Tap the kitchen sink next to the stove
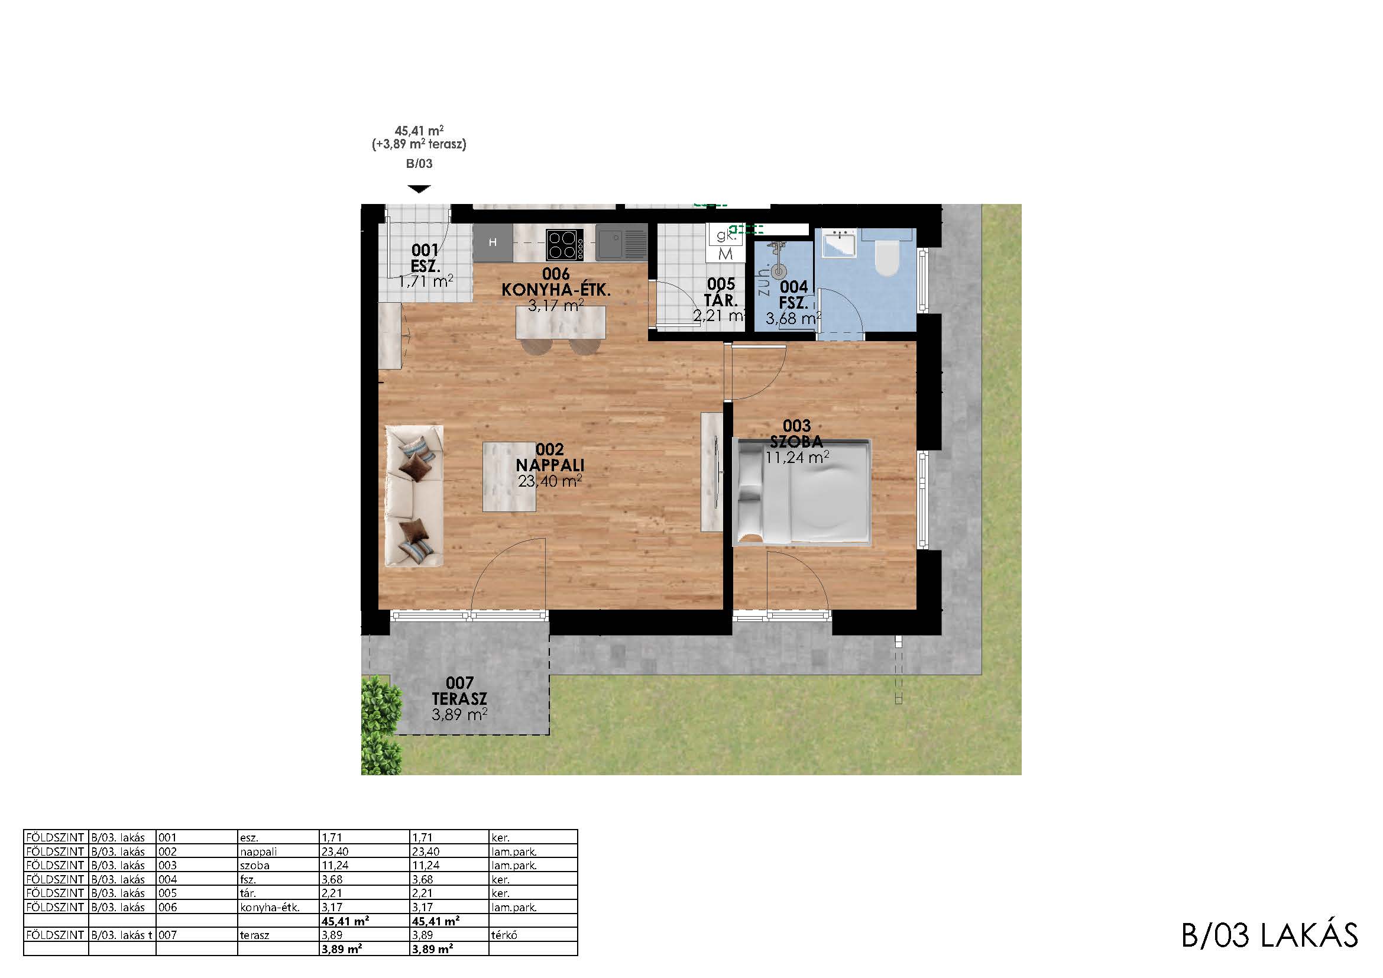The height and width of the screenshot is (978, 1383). coord(621,242)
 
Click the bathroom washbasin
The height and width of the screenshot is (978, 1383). coord(840,242)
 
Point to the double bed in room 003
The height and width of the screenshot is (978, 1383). coord(802,493)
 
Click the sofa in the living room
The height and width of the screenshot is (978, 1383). coord(414,496)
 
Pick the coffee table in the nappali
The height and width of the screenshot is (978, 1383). coord(510,477)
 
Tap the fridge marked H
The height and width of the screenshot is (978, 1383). coord(493,242)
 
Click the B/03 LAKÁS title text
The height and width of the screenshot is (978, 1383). coord(1269,935)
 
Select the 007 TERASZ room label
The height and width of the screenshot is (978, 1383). coord(459,691)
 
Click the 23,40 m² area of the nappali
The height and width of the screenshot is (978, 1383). coord(550,481)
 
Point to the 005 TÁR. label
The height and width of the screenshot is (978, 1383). coord(721,292)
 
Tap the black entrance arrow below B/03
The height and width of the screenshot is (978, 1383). coord(419,189)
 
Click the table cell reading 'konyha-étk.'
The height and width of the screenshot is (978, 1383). coord(269,907)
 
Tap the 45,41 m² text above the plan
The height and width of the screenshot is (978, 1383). coord(419,130)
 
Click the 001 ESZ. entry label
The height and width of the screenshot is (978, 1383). coord(425,258)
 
